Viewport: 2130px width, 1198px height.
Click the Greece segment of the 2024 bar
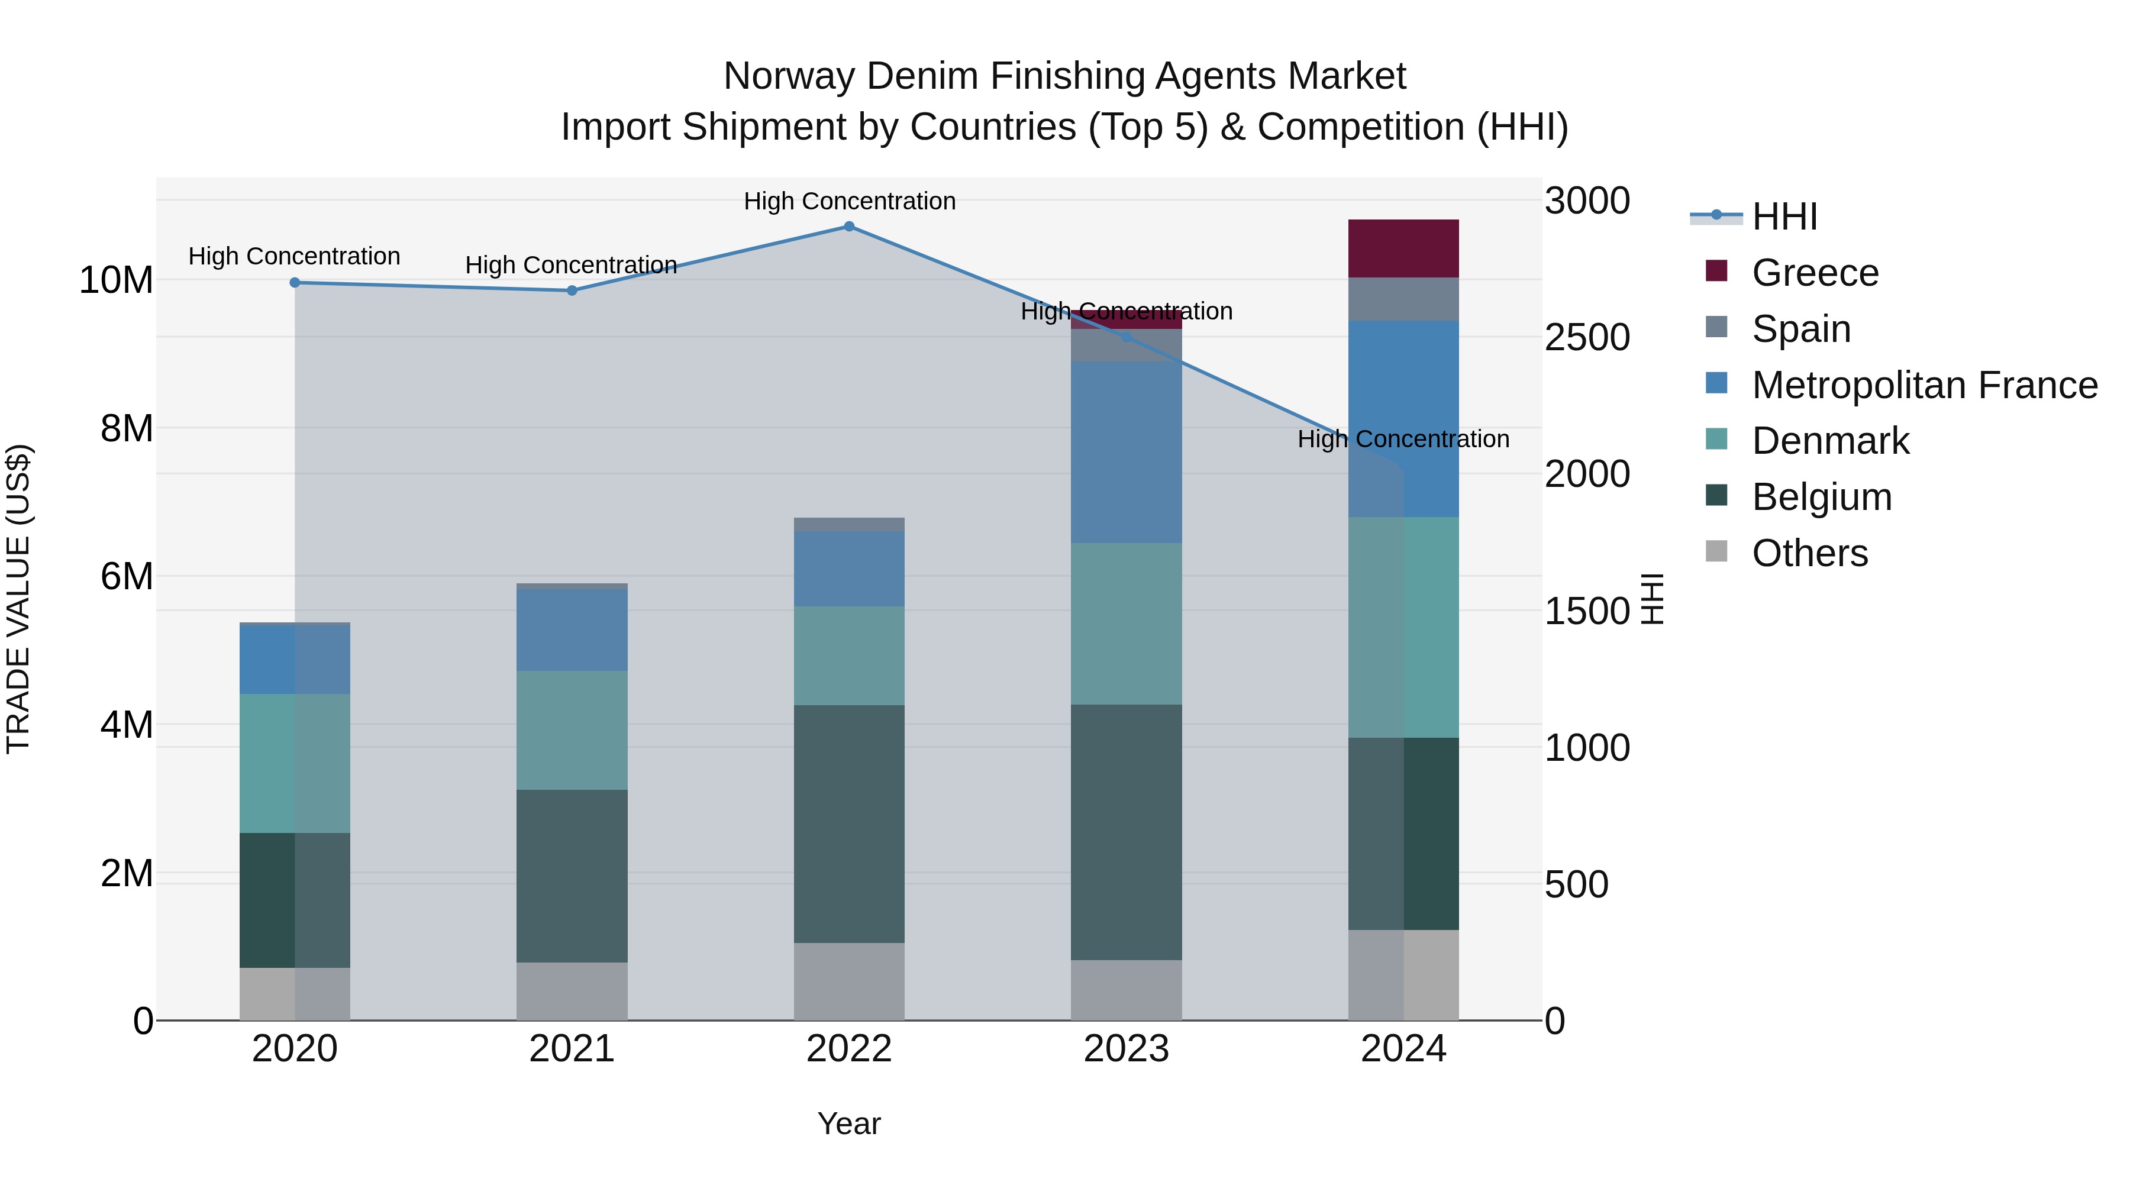pos(1403,248)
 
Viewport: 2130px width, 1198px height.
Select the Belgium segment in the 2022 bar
pos(849,824)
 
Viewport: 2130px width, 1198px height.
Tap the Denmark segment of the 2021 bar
pos(572,730)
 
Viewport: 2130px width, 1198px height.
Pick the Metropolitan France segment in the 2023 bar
pos(1126,451)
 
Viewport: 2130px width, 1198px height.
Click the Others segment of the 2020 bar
pos(295,994)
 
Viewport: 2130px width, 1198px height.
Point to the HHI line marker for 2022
pos(849,226)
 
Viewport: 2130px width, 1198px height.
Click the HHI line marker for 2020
pos(295,283)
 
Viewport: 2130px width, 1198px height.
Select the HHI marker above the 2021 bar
pos(572,290)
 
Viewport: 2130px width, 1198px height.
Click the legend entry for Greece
pos(1815,273)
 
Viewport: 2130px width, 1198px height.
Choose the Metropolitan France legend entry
pos(1924,385)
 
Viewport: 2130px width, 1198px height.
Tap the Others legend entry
pos(1809,553)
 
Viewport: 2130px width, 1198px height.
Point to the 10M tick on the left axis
pos(116,280)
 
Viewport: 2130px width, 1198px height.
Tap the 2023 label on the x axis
pos(1126,1049)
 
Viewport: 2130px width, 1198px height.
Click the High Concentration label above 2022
pos(849,201)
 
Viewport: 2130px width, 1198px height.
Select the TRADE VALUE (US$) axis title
pos(18,599)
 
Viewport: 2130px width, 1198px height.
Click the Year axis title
pos(849,1123)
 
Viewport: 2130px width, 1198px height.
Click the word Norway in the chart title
pos(788,76)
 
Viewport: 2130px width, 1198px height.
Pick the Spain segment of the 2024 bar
pos(1403,299)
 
